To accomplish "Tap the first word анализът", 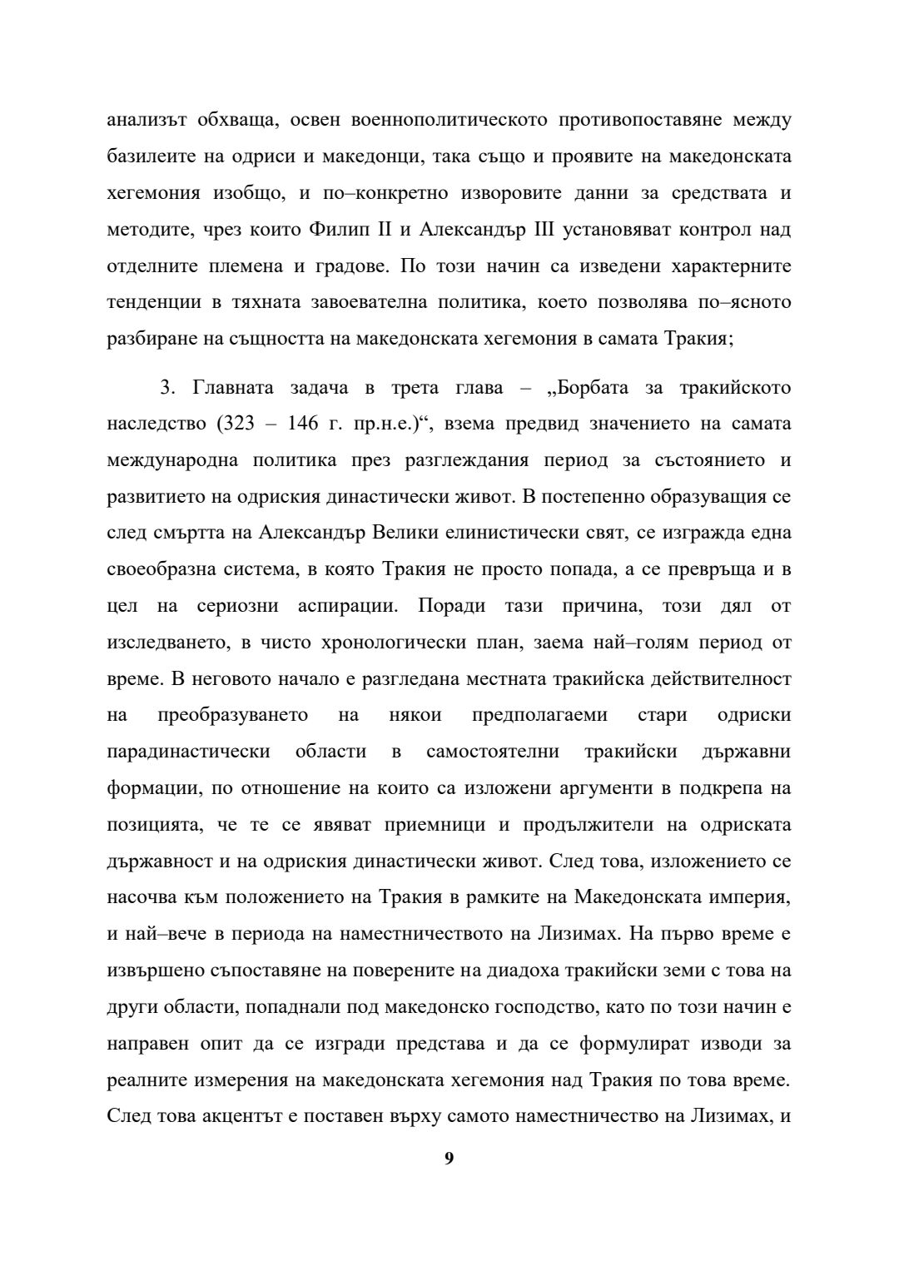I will pos(145,120).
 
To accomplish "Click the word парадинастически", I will pos(189,752).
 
